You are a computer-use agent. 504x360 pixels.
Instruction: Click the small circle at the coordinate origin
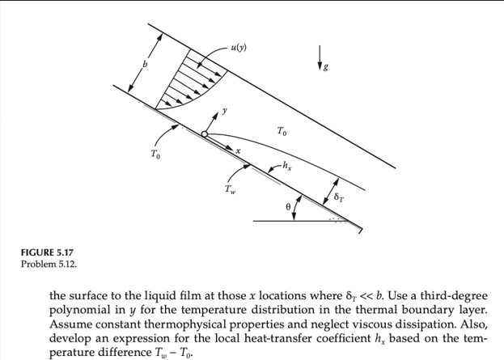point(205,134)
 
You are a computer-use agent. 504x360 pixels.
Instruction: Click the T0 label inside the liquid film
point(281,131)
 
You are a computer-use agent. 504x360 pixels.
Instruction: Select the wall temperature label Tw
point(231,191)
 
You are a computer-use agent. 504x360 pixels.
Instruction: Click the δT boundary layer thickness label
point(340,197)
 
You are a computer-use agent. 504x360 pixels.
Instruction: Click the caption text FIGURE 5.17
point(46,253)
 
